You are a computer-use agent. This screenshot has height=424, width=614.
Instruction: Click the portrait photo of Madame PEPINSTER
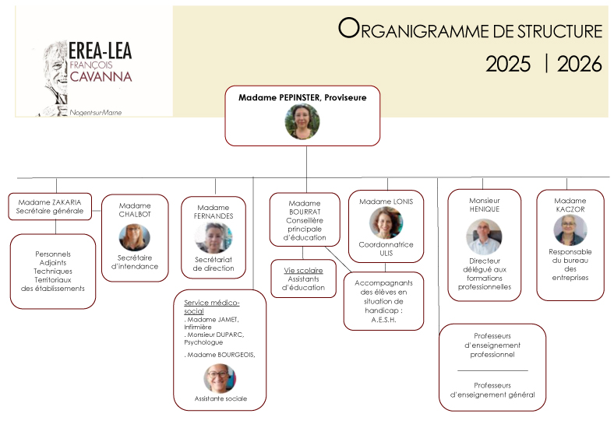coord(302,121)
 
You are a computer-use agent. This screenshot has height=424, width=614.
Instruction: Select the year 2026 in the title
coord(579,64)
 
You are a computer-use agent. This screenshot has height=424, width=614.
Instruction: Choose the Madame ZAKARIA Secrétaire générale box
coord(50,206)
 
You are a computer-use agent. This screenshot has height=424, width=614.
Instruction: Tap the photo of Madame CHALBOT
coord(134,237)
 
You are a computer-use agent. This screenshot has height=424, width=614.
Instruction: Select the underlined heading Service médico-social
coord(211,307)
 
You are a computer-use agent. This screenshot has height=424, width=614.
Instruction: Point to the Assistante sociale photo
coord(220,378)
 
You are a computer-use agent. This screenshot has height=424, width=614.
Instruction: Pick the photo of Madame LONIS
coord(386,223)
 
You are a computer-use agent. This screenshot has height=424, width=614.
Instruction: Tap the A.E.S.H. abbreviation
coord(383,320)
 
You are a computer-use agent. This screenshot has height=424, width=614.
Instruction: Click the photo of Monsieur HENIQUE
coord(484,236)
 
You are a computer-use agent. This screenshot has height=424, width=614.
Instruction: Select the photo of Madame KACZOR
coord(570,230)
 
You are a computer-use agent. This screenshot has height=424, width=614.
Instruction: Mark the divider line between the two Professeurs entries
coord(492,370)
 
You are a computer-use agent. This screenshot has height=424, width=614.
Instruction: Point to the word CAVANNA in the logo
coord(101,76)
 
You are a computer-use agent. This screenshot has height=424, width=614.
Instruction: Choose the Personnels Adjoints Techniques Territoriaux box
coord(53,271)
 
